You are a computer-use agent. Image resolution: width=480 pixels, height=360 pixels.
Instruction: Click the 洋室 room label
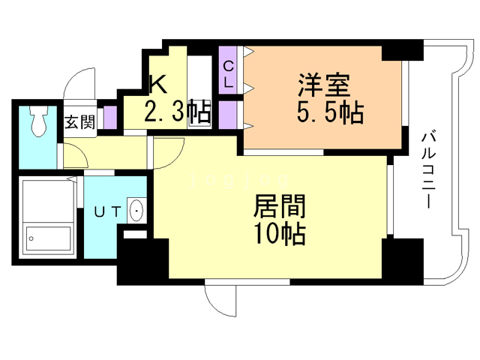click(324, 85)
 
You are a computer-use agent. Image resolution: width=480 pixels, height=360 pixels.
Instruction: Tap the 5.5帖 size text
click(330, 112)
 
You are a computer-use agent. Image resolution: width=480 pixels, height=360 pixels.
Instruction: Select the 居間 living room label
click(280, 206)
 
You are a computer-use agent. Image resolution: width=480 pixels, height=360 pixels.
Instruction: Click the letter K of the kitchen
click(158, 84)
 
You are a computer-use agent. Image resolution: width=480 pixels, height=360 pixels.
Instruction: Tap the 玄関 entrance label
click(80, 121)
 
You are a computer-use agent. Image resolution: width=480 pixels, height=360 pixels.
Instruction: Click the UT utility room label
click(107, 211)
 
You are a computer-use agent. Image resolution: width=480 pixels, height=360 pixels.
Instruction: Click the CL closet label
click(228, 74)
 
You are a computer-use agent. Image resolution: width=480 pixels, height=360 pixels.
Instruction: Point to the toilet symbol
click(39, 121)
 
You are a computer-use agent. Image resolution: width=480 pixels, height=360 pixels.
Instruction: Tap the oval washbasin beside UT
click(136, 211)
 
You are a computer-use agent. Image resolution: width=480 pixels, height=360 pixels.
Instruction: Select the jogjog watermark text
click(239, 180)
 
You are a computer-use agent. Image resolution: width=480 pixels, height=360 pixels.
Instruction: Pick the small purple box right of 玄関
click(110, 117)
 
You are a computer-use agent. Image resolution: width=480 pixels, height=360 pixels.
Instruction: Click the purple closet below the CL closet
click(228, 115)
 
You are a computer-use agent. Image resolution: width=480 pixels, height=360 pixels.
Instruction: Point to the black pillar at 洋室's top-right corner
click(402, 50)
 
